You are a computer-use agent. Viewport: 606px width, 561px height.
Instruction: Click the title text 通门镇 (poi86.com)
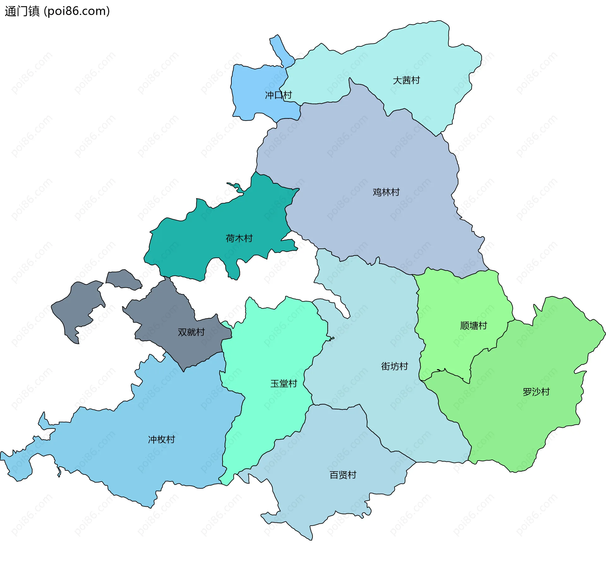[x=57, y=11]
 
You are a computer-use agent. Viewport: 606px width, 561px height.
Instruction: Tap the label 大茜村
[x=406, y=80]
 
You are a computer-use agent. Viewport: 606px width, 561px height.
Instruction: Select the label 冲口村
[x=278, y=95]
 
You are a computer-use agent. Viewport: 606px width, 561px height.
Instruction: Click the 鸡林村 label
[x=386, y=192]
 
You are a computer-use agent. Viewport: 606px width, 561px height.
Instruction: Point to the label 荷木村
[x=239, y=238]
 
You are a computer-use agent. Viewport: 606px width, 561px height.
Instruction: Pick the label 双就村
[x=191, y=332]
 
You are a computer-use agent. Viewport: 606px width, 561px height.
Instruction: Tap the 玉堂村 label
[x=284, y=383]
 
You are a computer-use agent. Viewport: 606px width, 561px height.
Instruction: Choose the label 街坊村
[x=395, y=366]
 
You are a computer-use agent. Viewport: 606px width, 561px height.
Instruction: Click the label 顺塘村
[x=473, y=325]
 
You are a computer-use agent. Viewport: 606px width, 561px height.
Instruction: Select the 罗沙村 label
[x=536, y=391]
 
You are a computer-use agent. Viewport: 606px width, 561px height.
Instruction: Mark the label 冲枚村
[x=162, y=439]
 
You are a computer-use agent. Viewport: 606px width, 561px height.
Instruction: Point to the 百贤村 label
[x=343, y=474]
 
